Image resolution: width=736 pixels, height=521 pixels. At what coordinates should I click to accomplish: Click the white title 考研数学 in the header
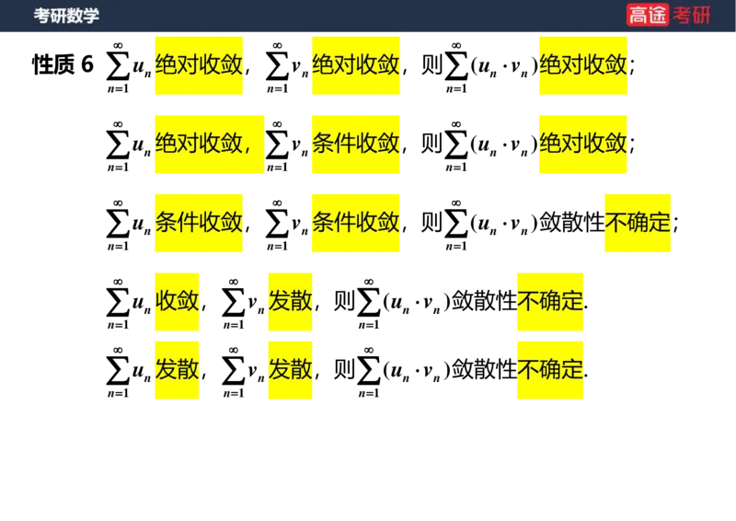66,16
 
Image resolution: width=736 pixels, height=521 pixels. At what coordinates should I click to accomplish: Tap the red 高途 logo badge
648,15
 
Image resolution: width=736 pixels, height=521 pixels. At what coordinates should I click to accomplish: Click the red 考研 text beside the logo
692,15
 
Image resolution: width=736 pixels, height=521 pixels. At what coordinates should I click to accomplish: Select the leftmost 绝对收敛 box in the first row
200,64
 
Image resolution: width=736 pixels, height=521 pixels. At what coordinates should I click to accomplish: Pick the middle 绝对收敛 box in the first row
356,64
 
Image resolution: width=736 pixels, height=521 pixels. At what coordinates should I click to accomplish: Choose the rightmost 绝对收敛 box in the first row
583,64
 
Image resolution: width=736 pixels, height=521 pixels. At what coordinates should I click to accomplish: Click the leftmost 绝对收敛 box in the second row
209,144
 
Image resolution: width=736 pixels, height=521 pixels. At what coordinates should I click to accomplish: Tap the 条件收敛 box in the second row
356,144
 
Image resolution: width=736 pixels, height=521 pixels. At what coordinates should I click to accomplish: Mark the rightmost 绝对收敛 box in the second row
583,144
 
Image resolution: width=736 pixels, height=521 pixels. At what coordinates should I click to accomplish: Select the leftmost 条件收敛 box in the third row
199,223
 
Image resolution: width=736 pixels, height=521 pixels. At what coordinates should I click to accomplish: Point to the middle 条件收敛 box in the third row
356,223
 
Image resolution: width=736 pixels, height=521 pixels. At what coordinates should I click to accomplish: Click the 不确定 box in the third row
639,223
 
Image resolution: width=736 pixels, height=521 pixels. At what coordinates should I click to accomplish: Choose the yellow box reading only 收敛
178,301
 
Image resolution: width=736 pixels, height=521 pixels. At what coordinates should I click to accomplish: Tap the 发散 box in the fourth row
291,301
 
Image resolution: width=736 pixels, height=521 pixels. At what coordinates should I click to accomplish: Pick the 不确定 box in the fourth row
551,301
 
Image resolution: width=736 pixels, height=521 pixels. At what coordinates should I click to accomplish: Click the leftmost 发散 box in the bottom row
178,370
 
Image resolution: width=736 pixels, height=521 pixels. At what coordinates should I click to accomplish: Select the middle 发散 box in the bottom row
291,370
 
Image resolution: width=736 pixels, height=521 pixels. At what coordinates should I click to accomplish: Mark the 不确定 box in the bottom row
551,370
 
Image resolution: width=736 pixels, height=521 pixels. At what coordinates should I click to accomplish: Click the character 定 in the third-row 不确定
661,223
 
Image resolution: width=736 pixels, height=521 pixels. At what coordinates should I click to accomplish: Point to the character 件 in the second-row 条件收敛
344,144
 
